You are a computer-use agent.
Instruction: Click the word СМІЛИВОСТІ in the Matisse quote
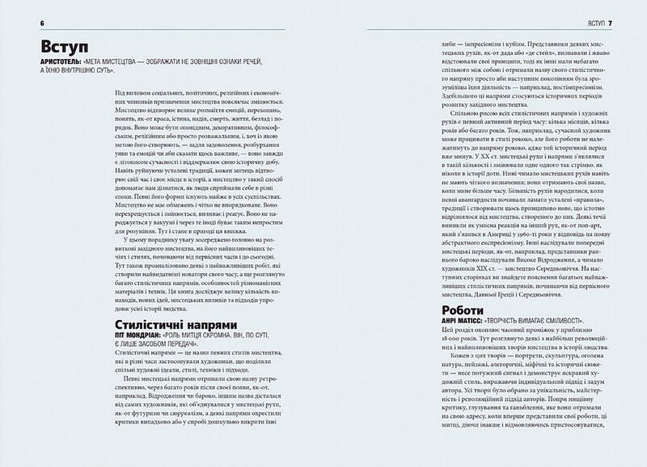coord(574,322)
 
